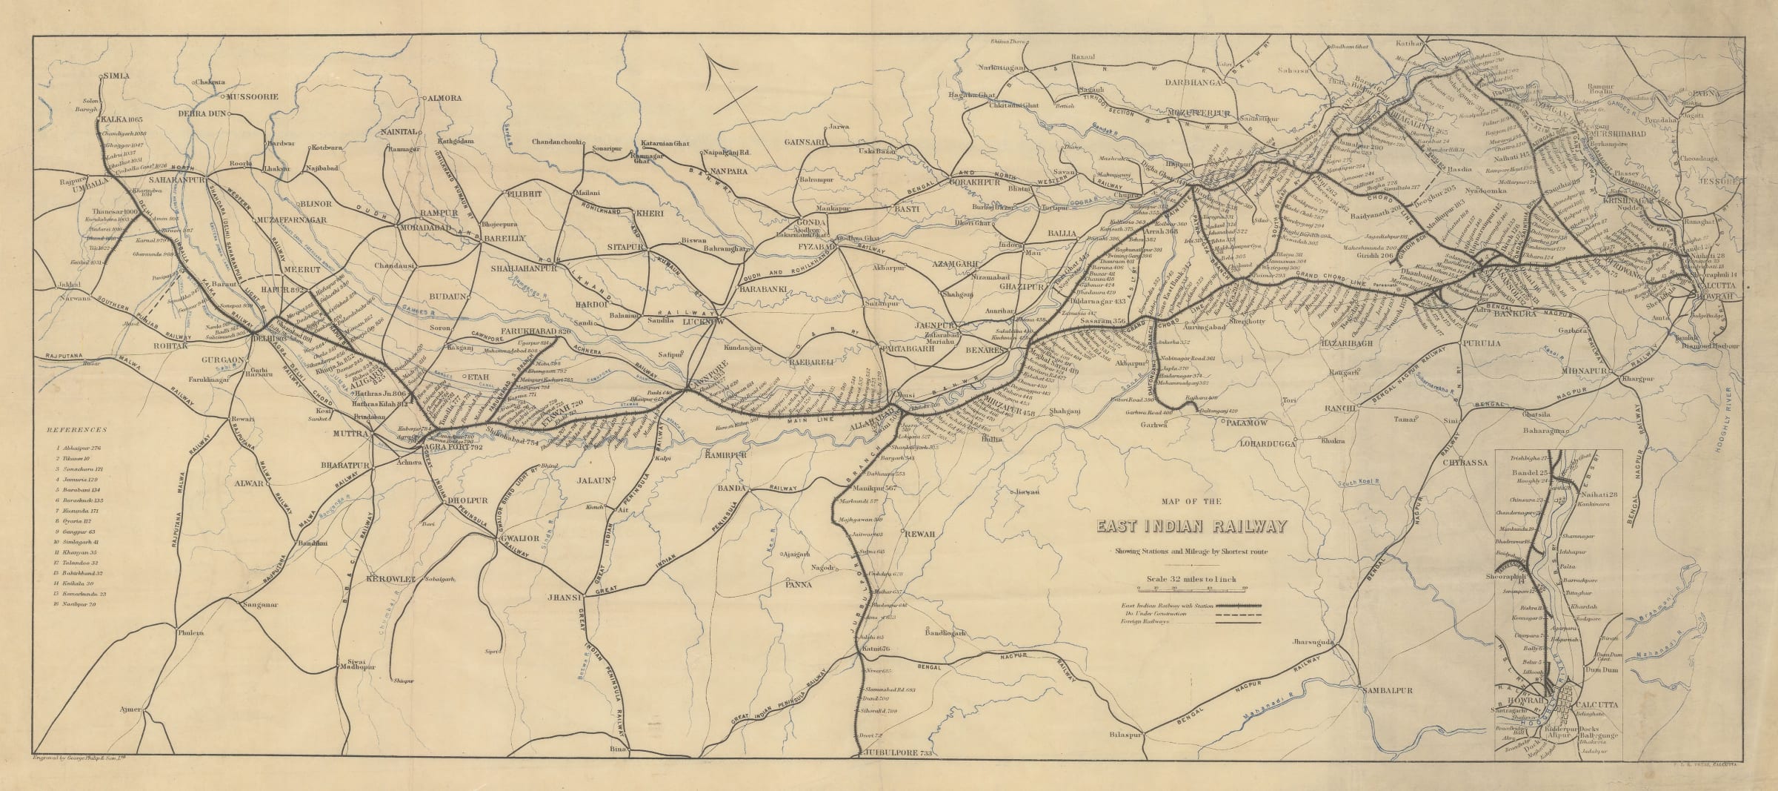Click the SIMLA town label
click(x=116, y=76)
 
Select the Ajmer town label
click(x=130, y=710)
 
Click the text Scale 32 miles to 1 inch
click(x=1191, y=580)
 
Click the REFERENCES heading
click(x=76, y=430)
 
